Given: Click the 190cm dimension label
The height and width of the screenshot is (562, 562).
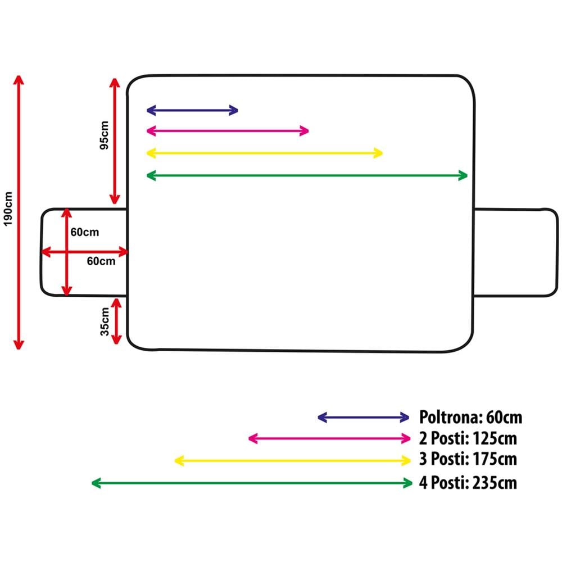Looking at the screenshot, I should [x=8, y=209].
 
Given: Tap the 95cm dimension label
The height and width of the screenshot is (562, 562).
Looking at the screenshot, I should [x=104, y=136].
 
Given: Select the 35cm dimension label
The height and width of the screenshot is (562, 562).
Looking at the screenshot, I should [x=105, y=321].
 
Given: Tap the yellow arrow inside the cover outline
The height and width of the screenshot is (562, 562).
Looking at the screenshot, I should [x=264, y=153].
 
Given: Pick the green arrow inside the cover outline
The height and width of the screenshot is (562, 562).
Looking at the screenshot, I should [x=307, y=175].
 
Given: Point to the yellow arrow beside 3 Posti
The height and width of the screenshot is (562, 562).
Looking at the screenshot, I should [x=293, y=461].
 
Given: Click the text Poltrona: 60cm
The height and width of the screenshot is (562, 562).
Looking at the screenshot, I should [x=471, y=418].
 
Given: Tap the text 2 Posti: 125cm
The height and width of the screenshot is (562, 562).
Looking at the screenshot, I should [x=468, y=438].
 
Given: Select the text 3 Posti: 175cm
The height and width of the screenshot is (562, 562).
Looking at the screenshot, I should [x=468, y=460].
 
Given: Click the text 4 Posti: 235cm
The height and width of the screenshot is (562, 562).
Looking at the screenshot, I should [x=468, y=482].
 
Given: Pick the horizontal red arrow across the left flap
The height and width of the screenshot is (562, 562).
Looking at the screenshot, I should [x=85, y=252].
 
